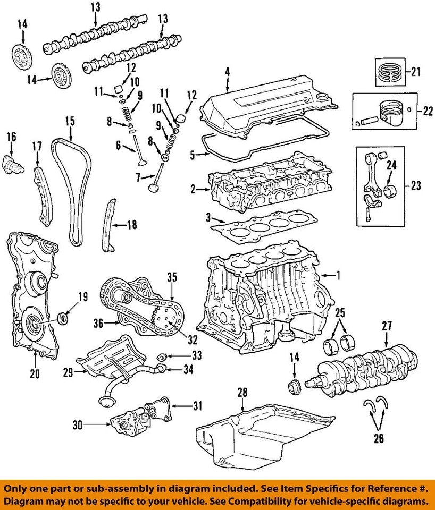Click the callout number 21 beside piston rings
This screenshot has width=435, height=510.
[416, 71]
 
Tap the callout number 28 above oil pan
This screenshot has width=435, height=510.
[242, 393]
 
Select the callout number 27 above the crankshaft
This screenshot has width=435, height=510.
[387, 326]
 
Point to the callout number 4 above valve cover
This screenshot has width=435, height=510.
[227, 71]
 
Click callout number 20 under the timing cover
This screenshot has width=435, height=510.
[35, 374]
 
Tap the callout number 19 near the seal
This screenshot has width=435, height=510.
[82, 297]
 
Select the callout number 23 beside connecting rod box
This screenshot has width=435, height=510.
[416, 186]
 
